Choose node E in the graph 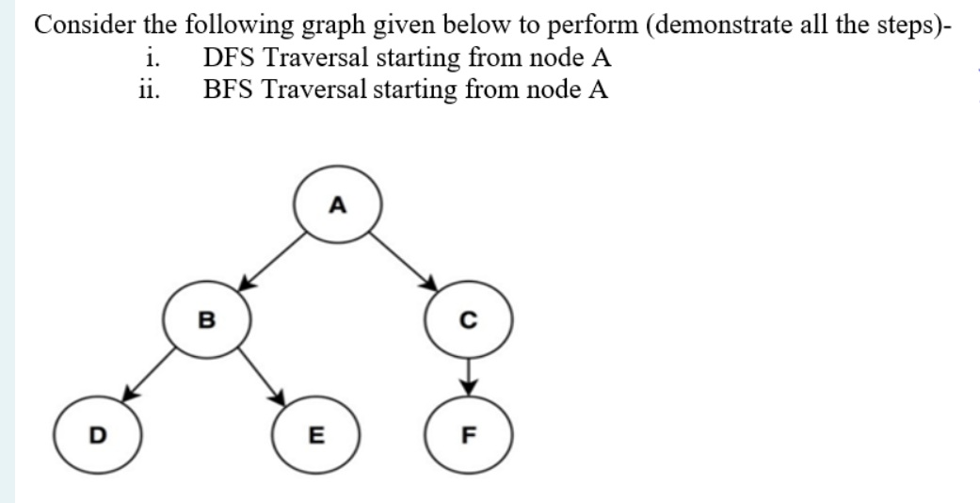(x=317, y=436)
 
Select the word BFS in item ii (x=229, y=90)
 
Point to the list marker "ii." (x=150, y=90)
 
